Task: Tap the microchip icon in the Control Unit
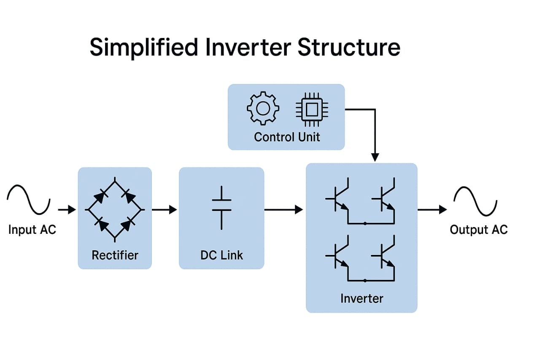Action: [312, 109]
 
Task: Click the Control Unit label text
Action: [287, 137]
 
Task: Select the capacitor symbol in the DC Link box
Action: [221, 208]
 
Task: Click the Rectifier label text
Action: [115, 255]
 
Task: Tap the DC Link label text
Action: [221, 255]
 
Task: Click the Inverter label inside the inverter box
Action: [362, 298]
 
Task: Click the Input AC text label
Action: [32, 229]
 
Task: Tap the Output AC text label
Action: [479, 229]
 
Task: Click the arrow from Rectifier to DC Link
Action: [165, 209]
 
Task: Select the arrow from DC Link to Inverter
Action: [283, 209]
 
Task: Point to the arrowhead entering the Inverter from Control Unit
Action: [375, 157]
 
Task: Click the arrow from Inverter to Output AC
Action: [432, 209]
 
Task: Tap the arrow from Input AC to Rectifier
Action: [67, 209]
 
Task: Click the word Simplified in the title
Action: [144, 48]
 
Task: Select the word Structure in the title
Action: [349, 48]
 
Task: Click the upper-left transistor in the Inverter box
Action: [335, 199]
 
